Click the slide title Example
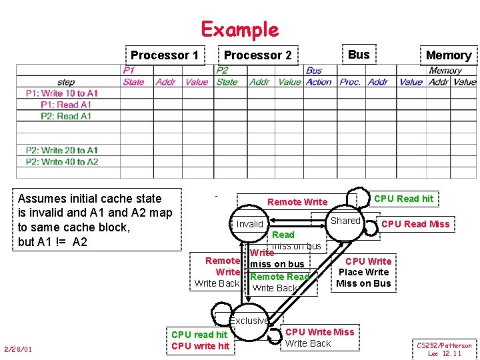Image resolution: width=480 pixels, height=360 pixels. point(240,29)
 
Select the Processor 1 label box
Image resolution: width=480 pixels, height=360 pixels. point(165,55)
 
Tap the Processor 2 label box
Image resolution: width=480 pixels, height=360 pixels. point(257,55)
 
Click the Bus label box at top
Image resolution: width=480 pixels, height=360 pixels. point(359,55)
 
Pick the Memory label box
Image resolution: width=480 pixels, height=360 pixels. point(448,55)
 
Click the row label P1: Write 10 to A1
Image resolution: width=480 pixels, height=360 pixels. point(62,93)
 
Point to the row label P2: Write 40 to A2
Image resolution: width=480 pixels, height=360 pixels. point(62,161)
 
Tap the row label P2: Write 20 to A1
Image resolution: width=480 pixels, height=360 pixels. point(62,150)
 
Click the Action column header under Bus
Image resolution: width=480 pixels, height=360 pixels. point(319,82)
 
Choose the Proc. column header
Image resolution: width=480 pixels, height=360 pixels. point(350,82)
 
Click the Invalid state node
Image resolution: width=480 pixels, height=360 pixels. point(250,224)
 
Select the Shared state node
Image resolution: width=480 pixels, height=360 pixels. point(345,221)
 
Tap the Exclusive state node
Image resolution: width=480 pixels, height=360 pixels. point(249,321)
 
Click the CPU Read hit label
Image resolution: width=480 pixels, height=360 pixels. point(403,199)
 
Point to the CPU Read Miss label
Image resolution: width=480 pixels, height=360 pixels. point(415,224)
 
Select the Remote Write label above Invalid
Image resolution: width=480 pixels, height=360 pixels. point(297,202)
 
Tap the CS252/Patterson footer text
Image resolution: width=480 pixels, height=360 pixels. point(444,345)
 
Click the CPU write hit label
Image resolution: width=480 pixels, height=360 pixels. point(200,345)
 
